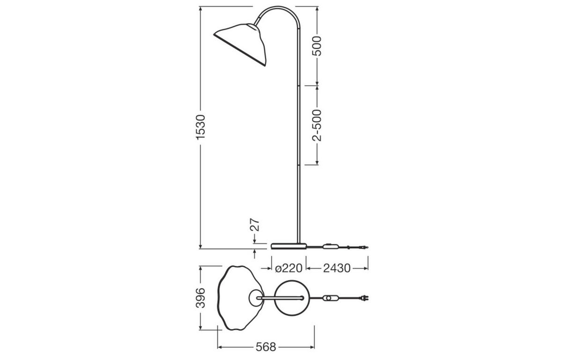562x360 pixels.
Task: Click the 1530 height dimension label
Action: [200, 127]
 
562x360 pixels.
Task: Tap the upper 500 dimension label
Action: [318, 46]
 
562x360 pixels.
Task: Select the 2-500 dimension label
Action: [318, 125]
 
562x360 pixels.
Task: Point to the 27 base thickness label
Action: [255, 225]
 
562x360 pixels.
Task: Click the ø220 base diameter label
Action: [288, 268]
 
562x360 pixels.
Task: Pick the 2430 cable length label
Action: [336, 268]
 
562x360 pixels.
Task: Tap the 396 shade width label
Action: [200, 298]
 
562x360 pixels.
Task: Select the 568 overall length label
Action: [266, 347]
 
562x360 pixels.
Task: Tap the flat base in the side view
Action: [288, 245]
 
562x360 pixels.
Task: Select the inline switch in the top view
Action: [332, 298]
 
